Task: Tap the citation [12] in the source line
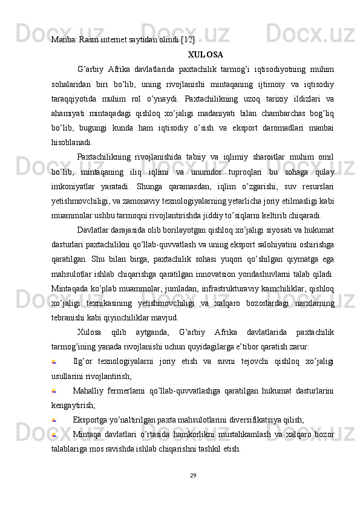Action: (187, 39)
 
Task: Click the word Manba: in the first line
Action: (62, 39)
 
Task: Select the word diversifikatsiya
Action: (248, 419)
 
